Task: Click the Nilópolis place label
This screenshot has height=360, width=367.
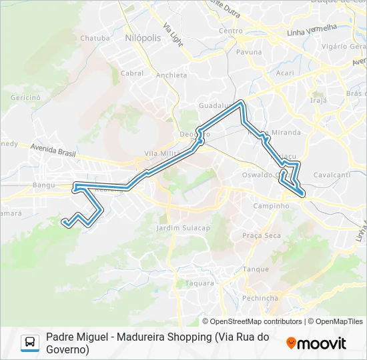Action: (x=143, y=39)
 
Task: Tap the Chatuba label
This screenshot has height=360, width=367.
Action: (x=95, y=38)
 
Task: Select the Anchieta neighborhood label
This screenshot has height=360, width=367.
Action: (x=171, y=75)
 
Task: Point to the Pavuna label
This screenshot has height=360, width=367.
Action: (x=249, y=51)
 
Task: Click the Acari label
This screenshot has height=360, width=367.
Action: (x=285, y=73)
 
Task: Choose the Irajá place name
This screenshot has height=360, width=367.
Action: (x=319, y=100)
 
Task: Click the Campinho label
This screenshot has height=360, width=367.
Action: (x=272, y=206)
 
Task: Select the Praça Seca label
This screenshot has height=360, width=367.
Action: (x=262, y=235)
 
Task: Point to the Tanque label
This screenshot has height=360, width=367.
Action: (x=256, y=269)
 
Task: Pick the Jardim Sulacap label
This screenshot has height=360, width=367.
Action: (x=182, y=228)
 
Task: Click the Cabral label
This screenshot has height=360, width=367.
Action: (x=132, y=73)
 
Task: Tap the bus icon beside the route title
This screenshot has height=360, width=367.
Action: (x=30, y=343)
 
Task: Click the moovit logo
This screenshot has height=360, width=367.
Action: (x=316, y=343)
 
